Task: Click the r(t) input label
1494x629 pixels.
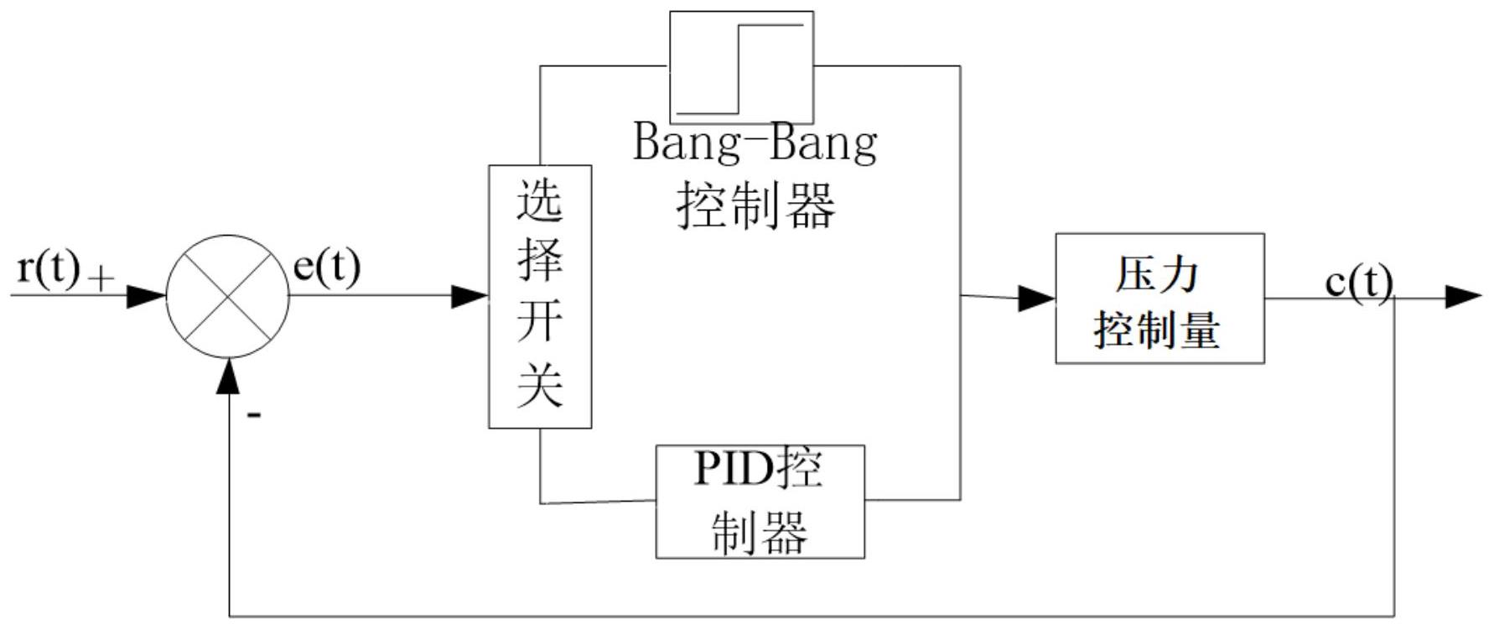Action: pos(49,269)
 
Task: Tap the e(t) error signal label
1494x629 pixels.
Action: pos(326,268)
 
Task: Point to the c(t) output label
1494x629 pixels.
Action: pos(1358,283)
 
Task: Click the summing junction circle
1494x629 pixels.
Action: pos(228,296)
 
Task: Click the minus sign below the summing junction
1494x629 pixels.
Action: pos(254,414)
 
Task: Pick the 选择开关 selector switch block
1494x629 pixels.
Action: pos(540,296)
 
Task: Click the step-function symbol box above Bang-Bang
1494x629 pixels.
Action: pos(741,67)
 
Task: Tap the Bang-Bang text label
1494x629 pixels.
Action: pos(755,143)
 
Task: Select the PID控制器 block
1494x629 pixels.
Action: pos(760,502)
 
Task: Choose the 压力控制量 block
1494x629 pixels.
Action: pos(1159,299)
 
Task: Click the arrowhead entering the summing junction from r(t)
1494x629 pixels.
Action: pos(148,296)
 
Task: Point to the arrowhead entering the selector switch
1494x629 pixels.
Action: pos(470,296)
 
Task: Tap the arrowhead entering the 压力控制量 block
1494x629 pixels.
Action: pos(1036,299)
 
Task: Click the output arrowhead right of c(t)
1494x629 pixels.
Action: pos(1463,297)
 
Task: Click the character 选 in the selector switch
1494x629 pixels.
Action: pos(540,201)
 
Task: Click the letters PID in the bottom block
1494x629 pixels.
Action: pos(732,470)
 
